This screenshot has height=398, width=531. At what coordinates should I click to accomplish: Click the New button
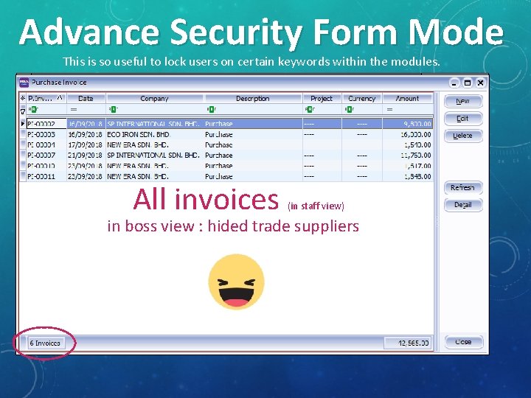(462, 101)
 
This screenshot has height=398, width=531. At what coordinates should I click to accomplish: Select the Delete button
(462, 136)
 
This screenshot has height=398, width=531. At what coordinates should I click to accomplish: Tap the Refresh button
(462, 188)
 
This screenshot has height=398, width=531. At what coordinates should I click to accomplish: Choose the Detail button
(462, 205)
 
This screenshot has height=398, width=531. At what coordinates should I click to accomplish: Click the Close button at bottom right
(462, 342)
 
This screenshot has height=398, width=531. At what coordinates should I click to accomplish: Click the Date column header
(86, 98)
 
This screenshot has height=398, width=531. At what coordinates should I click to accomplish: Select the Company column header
(154, 98)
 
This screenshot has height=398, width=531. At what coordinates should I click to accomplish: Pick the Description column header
(252, 98)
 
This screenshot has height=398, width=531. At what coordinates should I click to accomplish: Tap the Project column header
(322, 98)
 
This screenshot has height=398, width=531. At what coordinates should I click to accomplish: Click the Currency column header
(361, 98)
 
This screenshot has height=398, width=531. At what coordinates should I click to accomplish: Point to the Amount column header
(406, 98)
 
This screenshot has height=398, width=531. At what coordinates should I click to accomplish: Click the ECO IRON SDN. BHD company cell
(138, 135)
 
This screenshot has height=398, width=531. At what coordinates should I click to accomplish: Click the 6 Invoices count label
(45, 343)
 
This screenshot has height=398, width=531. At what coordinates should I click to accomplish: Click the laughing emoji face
(236, 282)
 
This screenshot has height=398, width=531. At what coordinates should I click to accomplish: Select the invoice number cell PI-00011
(42, 176)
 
